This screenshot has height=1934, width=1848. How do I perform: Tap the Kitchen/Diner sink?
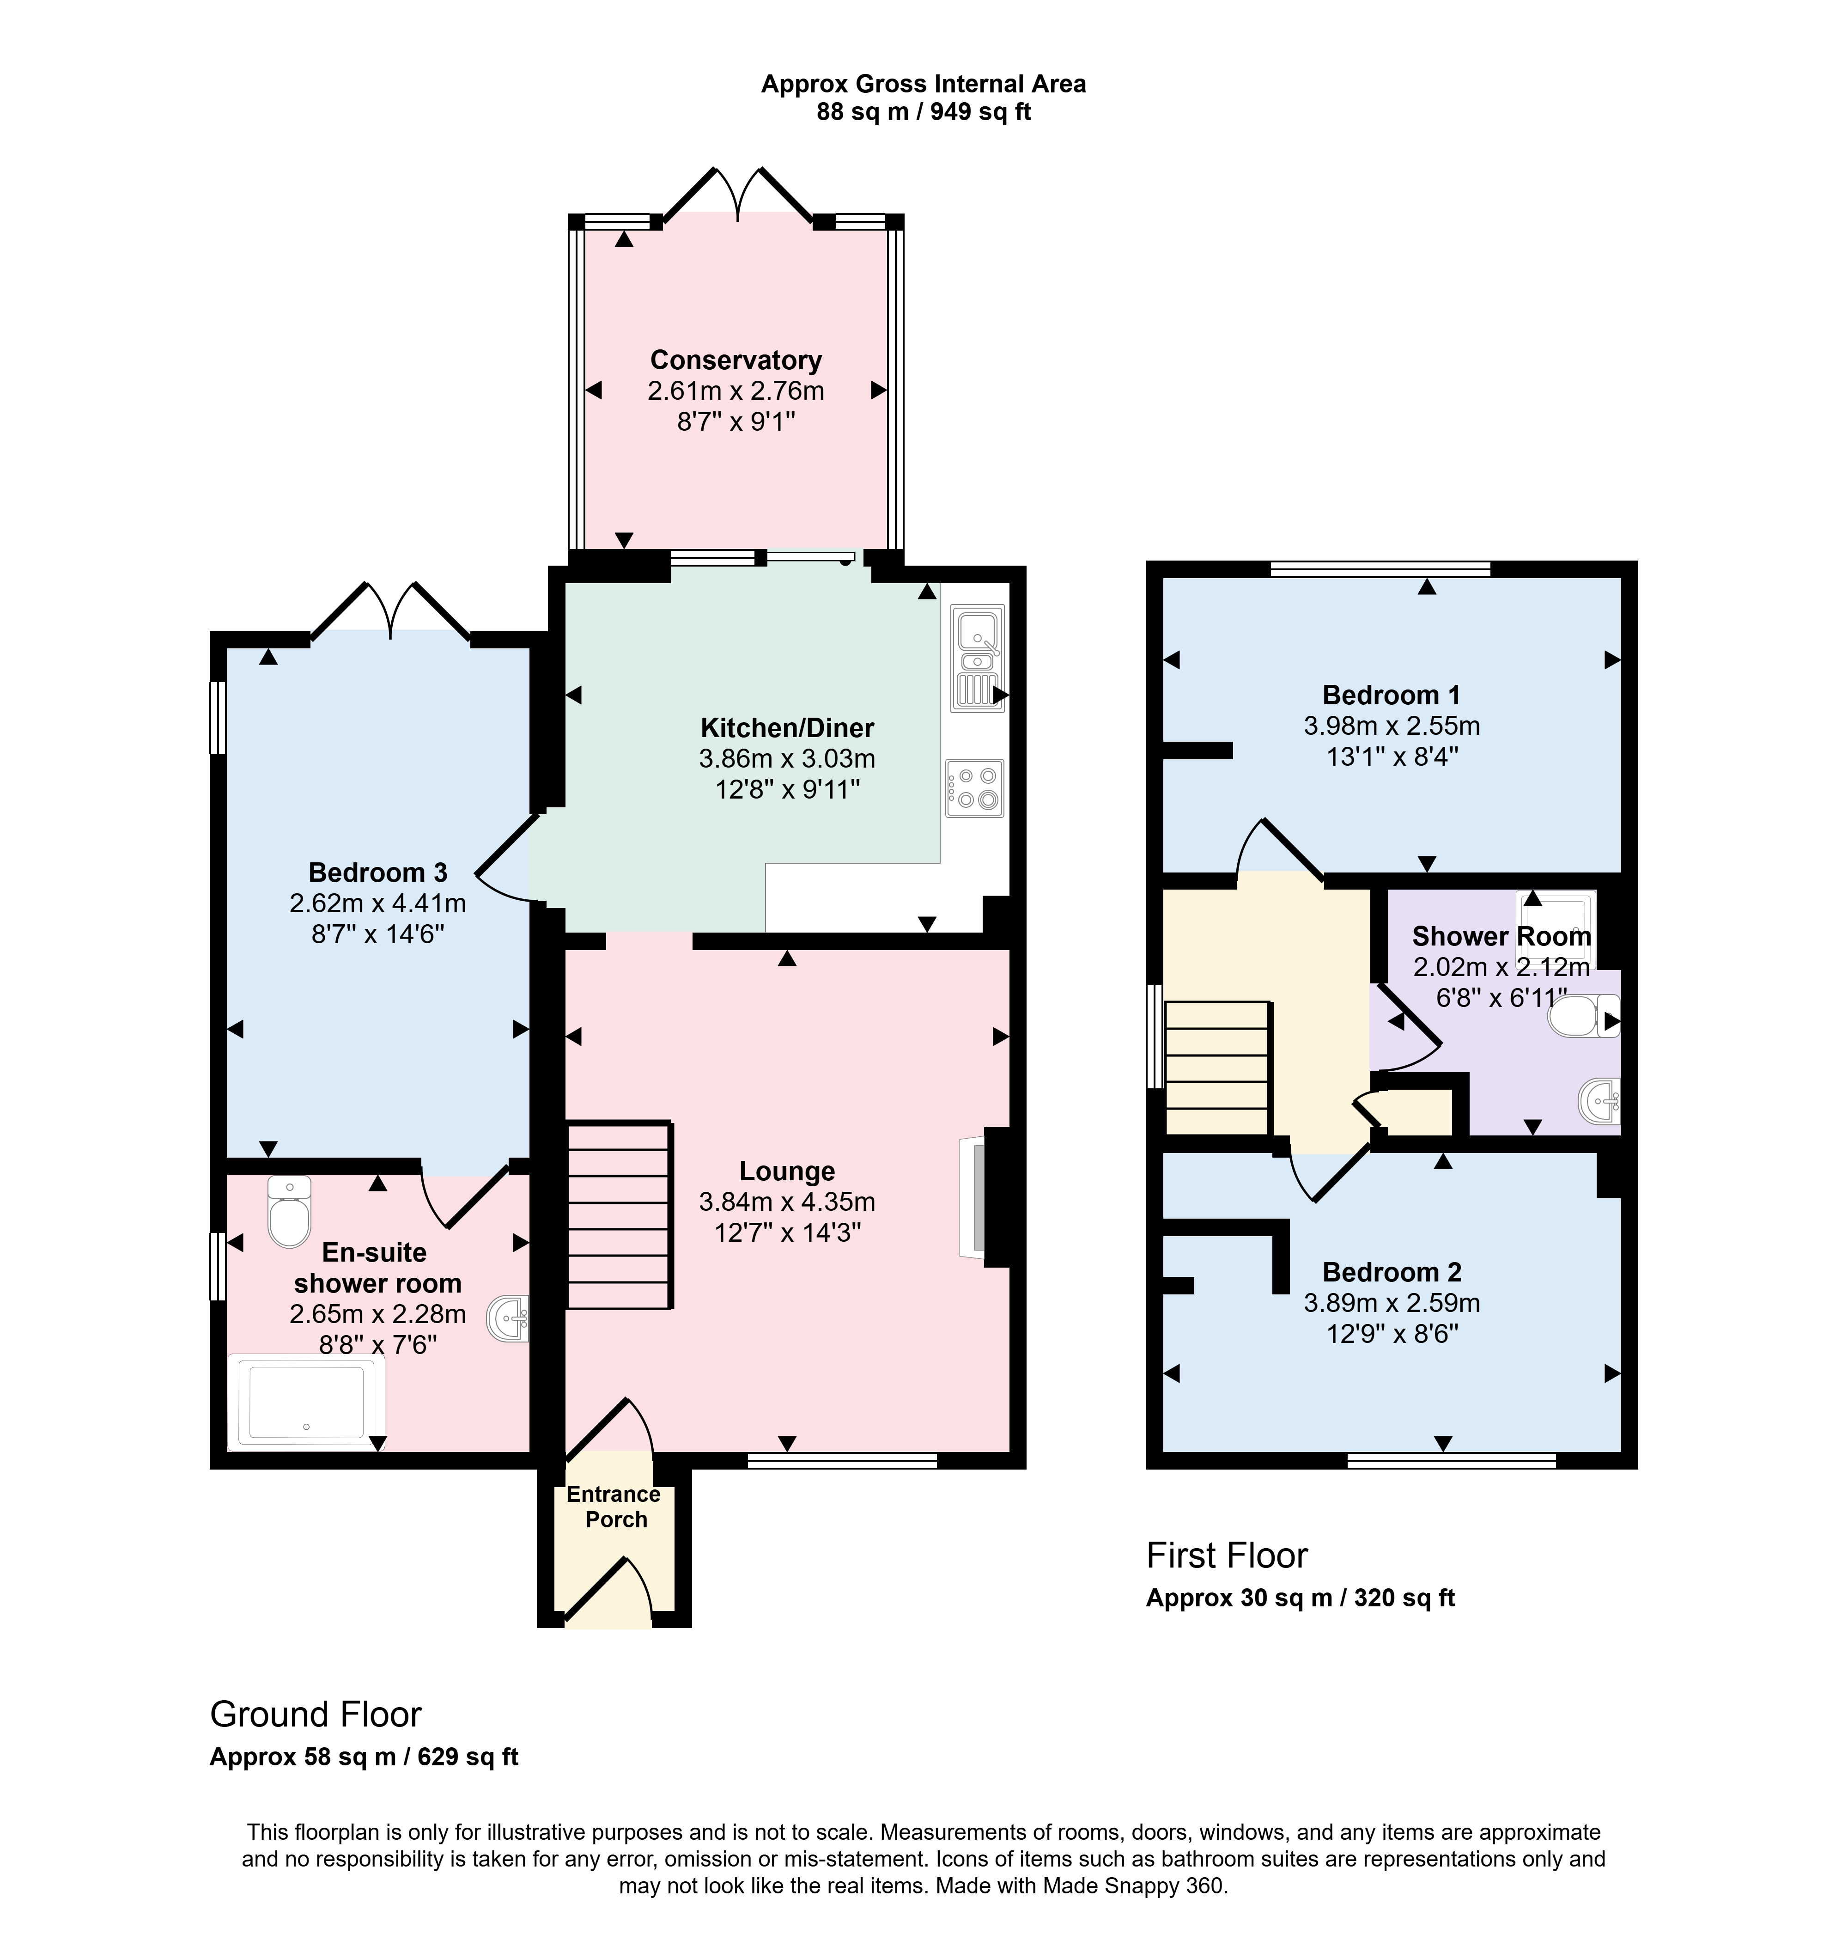click(977, 658)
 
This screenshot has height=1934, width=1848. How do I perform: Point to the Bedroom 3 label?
click(378, 873)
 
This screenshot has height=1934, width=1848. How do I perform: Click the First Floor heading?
click(1227, 1556)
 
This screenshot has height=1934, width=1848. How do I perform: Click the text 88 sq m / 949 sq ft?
click(923, 112)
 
